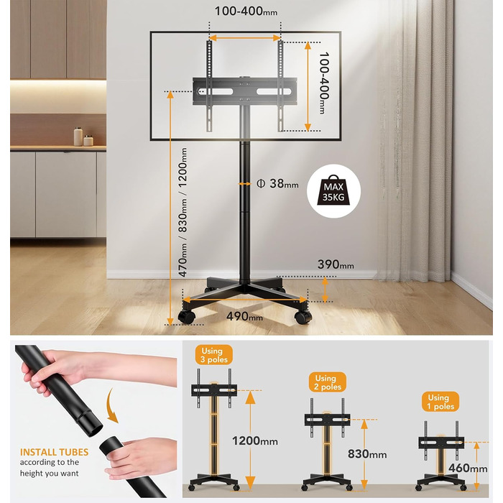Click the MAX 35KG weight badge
pyautogui.click(x=333, y=191)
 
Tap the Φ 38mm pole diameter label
pyautogui.click(x=277, y=183)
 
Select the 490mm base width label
pyautogui.click(x=244, y=316)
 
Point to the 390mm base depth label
pyautogui.click(x=336, y=264)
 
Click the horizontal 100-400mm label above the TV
pyautogui.click(x=246, y=11)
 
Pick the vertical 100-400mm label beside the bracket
pyautogui.click(x=323, y=83)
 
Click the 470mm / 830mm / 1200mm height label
pyautogui.click(x=183, y=212)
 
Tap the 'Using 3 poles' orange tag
pyautogui.click(x=214, y=355)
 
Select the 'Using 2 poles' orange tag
pyautogui.click(x=328, y=382)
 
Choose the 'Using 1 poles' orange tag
pyautogui.click(x=440, y=402)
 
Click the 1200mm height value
pyautogui.click(x=255, y=440)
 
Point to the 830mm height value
pyautogui.click(x=367, y=454)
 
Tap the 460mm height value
pyautogui.click(x=468, y=468)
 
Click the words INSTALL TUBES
pyautogui.click(x=54, y=452)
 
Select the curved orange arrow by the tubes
pyautogui.click(x=111, y=405)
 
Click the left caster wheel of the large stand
pyautogui.click(x=186, y=317)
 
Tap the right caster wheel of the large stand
pyautogui.click(x=303, y=318)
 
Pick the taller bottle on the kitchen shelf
pyautogui.click(x=78, y=137)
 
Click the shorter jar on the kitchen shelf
pyautogui.click(x=88, y=141)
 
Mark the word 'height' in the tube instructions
pyautogui.click(x=30, y=473)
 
